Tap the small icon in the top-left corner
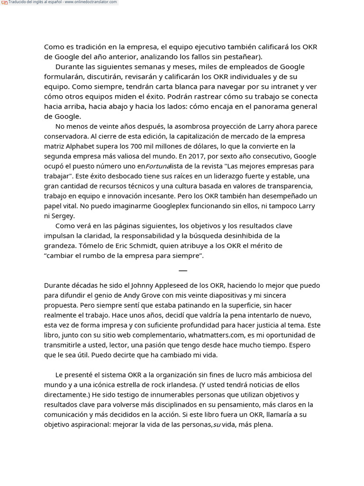[4, 2]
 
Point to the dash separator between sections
[183, 271]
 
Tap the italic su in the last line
[217, 425]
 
